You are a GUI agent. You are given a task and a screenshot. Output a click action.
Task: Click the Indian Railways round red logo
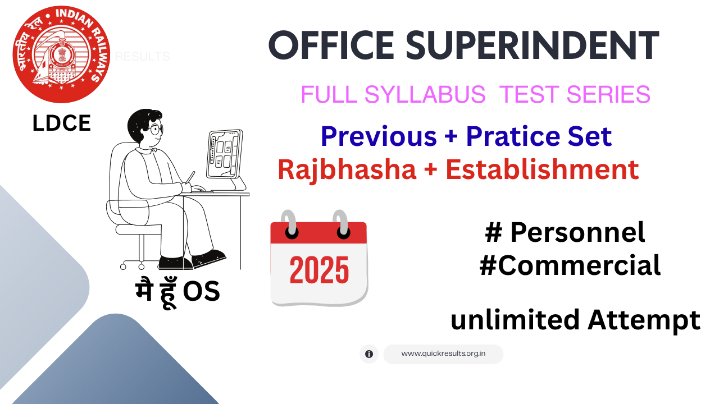(61, 54)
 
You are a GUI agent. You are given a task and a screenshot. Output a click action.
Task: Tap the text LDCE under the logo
(62, 124)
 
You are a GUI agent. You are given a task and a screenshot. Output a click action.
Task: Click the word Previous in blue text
(378, 136)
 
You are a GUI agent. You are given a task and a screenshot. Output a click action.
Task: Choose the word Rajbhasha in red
(347, 169)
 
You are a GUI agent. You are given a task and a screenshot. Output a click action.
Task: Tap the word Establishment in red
(542, 169)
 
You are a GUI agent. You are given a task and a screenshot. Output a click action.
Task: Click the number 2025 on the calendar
(319, 270)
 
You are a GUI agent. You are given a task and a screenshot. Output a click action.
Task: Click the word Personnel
(577, 233)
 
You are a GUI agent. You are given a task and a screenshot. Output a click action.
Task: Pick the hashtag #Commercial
(570, 266)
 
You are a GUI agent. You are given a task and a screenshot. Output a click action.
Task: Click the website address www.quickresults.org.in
(443, 354)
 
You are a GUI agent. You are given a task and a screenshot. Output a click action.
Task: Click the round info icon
(369, 354)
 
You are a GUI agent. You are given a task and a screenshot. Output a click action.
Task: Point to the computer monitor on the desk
(225, 154)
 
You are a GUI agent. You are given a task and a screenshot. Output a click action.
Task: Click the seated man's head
(144, 128)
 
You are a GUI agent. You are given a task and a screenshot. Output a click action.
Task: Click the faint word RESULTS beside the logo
(142, 57)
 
